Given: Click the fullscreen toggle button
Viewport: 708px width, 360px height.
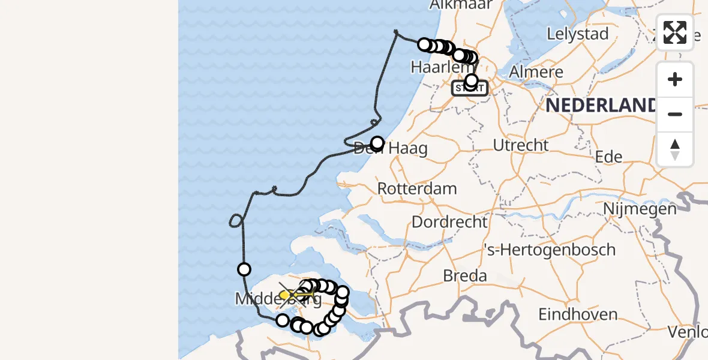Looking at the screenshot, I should click(x=675, y=32).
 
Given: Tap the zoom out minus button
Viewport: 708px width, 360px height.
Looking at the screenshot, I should click(x=675, y=114).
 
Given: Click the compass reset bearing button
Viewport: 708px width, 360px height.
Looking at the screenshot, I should click(x=675, y=149).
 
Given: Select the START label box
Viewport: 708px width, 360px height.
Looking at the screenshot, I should click(x=470, y=88).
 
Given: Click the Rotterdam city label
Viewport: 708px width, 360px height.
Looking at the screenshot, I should click(x=417, y=188).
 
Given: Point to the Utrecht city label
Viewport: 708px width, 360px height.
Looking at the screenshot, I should click(x=520, y=145).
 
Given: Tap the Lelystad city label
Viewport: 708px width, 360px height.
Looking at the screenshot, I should click(x=578, y=34).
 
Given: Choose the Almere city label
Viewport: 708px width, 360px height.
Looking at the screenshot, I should click(x=536, y=72).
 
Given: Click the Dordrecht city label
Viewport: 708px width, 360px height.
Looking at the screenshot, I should click(x=449, y=222).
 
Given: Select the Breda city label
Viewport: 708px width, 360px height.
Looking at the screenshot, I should click(x=465, y=276).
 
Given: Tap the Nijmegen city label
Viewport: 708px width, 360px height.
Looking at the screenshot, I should click(x=640, y=209).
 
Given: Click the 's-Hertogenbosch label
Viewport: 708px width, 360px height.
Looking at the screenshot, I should click(x=550, y=250).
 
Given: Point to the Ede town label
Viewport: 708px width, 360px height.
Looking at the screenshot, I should click(x=608, y=157).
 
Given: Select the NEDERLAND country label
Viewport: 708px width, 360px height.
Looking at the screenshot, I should click(x=600, y=106).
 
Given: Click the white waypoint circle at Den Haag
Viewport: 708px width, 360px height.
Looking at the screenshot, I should click(x=377, y=143).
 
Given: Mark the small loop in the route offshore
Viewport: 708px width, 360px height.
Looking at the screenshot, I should click(x=236, y=221).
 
